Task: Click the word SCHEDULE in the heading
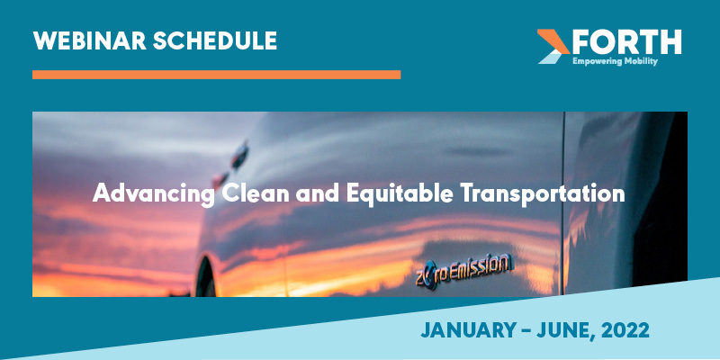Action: pyautogui.click(x=215, y=40)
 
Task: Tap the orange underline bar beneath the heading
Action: pyautogui.click(x=216, y=75)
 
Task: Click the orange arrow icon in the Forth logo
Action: pyautogui.click(x=552, y=45)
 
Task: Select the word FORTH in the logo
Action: pyautogui.click(x=626, y=40)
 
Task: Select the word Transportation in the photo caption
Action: pyautogui.click(x=549, y=193)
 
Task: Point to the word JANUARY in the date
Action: pyautogui.click(x=467, y=332)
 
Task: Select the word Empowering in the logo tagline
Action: pyautogui.click(x=598, y=61)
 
